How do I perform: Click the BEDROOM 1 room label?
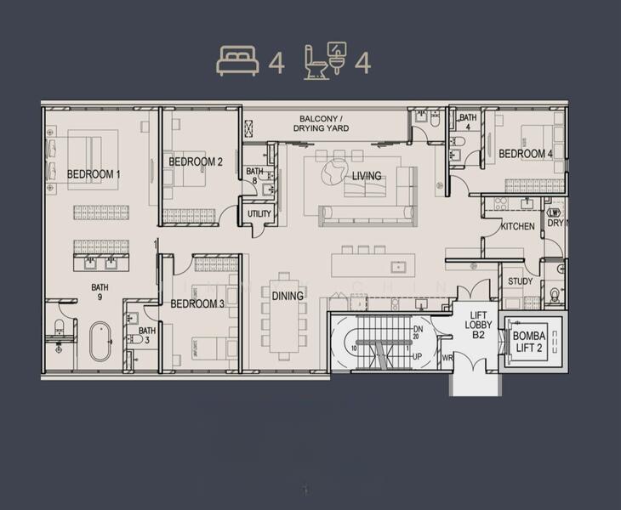coord(94,174)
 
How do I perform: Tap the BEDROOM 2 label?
coord(196,161)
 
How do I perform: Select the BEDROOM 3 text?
coord(197,303)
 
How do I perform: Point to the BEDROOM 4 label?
coord(526,154)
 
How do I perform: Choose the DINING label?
coord(288,296)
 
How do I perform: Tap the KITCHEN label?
coord(517,226)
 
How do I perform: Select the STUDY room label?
coord(520,281)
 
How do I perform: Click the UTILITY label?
coord(259,213)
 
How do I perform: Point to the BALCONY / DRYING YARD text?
coord(322,123)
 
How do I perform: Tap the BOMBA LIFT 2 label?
coord(530,342)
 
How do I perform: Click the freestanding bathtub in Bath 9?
coord(101,341)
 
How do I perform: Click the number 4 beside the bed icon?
coord(276,63)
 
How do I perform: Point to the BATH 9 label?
coord(100,292)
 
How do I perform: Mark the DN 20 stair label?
coord(418,332)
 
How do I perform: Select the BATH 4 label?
coord(467,122)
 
